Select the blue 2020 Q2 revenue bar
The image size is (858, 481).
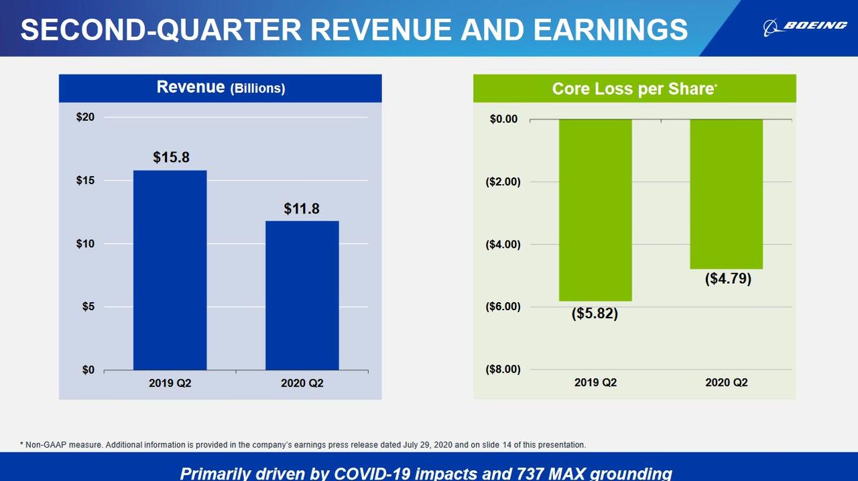302,295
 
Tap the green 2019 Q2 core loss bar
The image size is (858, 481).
595,210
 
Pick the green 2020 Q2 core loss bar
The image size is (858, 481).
726,194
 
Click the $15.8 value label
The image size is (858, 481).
171,157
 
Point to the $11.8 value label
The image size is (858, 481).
302,208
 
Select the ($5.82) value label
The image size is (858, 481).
595,313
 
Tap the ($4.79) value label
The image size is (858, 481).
728,279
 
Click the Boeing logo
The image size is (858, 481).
805,26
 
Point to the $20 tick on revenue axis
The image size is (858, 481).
85,117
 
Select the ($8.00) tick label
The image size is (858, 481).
503,369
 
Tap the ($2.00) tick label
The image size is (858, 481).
503,182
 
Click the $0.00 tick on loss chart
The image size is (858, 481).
504,119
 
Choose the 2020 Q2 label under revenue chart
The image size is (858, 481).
302,383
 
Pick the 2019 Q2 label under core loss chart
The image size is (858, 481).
595,383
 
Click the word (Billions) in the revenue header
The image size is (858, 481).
258,88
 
